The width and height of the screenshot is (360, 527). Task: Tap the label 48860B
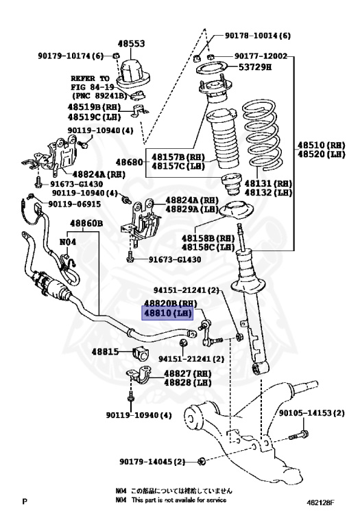pos(85,224)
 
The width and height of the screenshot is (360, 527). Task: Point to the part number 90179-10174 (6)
pos(71,56)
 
